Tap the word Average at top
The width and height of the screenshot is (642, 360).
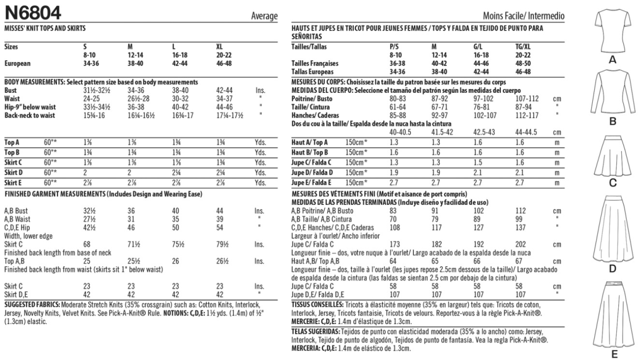tap(264, 16)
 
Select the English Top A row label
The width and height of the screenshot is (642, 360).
tap(12, 143)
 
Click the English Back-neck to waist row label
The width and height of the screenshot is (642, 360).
tap(29, 115)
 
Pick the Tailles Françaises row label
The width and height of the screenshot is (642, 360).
tap(315, 63)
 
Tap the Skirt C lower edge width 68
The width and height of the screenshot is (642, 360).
tap(88, 244)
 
